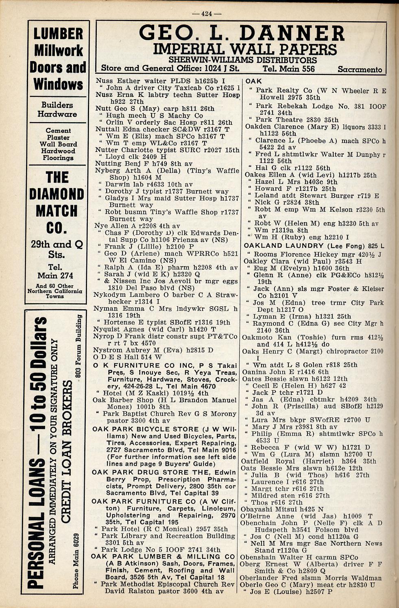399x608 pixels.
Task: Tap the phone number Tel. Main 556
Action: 288,69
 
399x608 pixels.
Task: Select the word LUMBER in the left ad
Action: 58,34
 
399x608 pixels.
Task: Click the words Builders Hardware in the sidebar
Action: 57,109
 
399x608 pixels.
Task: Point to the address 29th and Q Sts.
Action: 57,249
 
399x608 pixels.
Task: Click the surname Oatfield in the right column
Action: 256,461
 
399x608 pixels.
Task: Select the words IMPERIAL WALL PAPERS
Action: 244,49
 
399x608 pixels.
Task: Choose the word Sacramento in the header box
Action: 360,69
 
